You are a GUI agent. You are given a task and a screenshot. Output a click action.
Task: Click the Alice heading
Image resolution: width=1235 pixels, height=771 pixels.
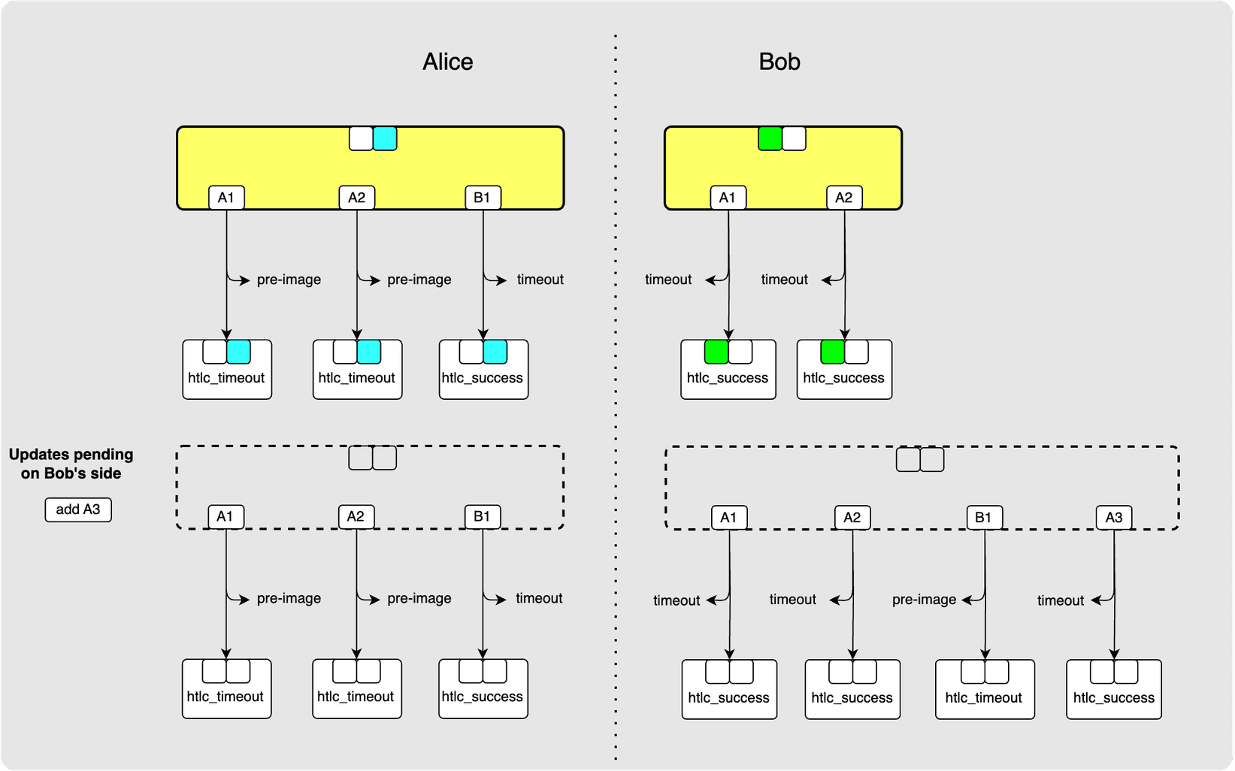[x=447, y=62]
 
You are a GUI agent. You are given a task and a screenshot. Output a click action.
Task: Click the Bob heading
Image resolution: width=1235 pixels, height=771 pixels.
[x=779, y=62]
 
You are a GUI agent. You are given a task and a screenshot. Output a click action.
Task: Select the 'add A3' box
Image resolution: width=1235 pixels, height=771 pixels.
[x=78, y=509]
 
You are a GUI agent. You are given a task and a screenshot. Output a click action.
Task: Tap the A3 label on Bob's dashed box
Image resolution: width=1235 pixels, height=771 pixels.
[x=1113, y=517]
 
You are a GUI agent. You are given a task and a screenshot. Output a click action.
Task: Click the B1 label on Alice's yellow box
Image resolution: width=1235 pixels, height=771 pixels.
[x=482, y=198]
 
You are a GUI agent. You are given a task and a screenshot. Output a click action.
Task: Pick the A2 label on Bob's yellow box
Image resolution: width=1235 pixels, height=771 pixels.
[x=843, y=198]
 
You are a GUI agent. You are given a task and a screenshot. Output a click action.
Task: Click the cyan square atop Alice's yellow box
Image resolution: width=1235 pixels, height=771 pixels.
[x=385, y=138]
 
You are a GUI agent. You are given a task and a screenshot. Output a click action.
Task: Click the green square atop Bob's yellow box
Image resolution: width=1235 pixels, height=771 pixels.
[x=770, y=138]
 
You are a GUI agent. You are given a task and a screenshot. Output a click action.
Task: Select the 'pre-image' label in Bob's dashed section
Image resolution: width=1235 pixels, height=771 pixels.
[x=924, y=600]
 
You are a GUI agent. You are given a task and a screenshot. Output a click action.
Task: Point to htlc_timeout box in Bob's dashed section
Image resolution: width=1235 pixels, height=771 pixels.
[x=984, y=690]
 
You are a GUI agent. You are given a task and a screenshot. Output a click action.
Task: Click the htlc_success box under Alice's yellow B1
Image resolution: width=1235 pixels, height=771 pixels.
[x=483, y=370]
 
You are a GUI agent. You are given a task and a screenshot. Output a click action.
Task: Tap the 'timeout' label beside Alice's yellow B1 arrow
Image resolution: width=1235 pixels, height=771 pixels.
[x=540, y=280]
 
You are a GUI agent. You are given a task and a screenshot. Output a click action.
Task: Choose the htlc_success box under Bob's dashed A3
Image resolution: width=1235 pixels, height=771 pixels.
[x=1113, y=690]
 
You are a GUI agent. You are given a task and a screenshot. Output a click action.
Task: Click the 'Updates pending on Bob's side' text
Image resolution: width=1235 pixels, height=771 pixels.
[x=71, y=464]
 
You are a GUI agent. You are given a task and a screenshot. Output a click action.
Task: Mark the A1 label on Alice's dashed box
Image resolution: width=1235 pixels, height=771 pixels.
[x=225, y=516]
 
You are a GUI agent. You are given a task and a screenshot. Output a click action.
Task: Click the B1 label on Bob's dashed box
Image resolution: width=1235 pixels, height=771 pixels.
[x=983, y=517]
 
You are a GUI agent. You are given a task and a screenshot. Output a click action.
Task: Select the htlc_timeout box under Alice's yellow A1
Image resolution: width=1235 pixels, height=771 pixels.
[x=226, y=370]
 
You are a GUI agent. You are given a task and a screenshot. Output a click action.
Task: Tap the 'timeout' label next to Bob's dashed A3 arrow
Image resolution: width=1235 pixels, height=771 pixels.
[x=1060, y=600]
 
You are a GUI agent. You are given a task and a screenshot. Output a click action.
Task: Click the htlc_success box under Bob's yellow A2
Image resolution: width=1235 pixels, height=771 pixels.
[x=843, y=370]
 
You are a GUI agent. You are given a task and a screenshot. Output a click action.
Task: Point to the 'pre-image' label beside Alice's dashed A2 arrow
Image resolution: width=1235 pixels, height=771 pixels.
[x=419, y=598]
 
